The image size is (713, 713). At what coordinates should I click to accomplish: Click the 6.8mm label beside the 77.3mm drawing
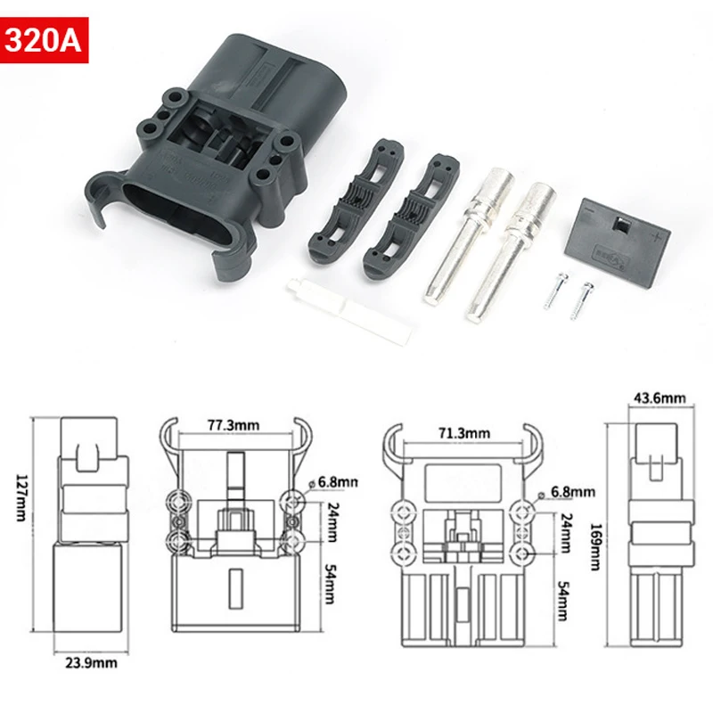click(337, 482)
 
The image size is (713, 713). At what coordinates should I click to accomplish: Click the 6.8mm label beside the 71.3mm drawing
click(572, 491)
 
